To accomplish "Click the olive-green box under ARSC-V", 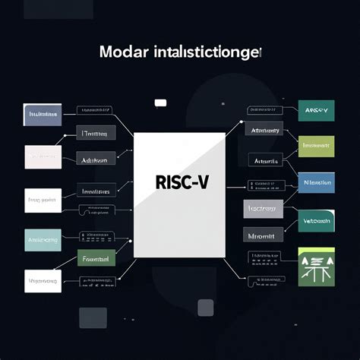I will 315,146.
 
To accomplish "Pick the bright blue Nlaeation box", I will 315,182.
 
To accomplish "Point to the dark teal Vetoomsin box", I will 315,220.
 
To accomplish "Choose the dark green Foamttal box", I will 96,259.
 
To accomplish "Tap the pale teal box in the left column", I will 43,240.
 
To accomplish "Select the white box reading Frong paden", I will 43,201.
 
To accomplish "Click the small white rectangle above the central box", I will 160,103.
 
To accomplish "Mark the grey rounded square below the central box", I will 205,307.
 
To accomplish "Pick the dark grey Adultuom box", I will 96,160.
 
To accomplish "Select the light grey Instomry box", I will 263,207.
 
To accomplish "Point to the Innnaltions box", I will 96,191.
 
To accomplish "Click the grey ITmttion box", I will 96,134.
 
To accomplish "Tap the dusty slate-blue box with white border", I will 43,115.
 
